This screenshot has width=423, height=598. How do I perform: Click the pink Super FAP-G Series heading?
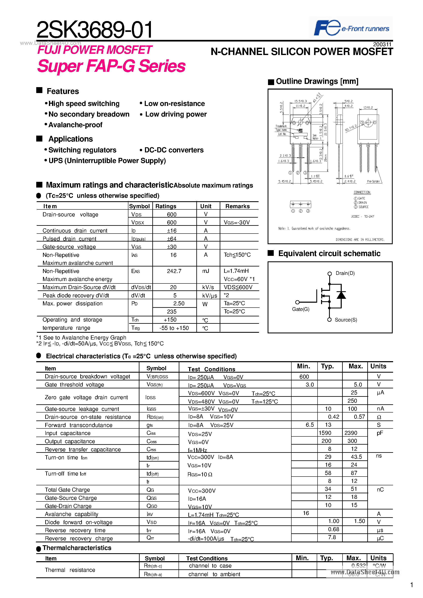111,66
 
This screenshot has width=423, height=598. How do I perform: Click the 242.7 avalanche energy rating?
174,271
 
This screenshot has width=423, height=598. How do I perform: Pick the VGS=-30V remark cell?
237,223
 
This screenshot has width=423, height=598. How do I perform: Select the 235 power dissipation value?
172,311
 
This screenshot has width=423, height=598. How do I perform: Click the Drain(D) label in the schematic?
345,273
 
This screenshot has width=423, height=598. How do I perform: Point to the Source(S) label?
346,320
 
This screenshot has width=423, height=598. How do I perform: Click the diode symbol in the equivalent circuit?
341,295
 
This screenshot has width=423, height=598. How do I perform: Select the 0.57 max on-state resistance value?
359,417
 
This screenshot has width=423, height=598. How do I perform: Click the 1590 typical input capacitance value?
325,433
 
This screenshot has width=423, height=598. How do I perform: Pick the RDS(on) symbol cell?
155,417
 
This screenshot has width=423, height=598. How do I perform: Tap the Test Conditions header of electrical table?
211,369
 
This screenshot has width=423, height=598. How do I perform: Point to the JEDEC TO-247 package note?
362,216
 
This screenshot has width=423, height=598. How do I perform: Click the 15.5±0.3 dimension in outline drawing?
300,101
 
